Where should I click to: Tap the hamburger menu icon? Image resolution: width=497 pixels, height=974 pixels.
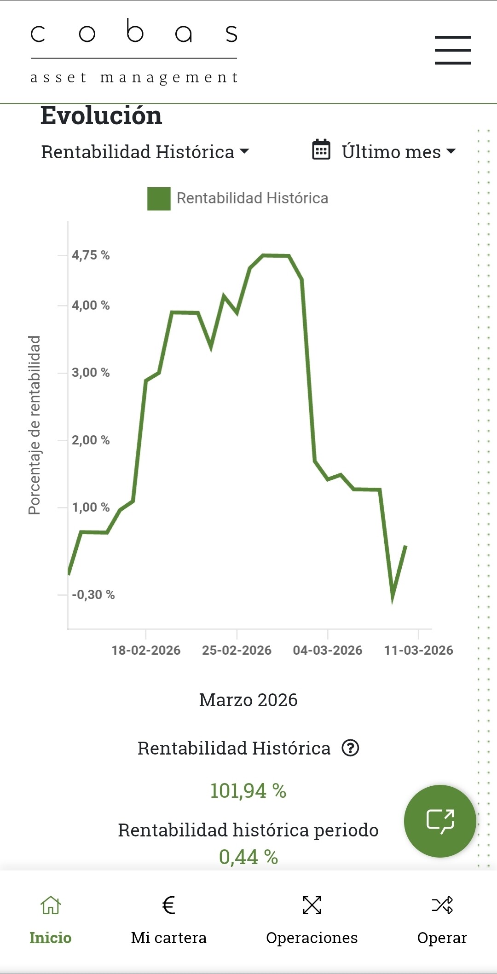click(x=453, y=50)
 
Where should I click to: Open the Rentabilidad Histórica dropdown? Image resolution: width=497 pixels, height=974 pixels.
click(x=145, y=152)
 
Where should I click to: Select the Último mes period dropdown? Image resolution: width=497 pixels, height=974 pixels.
click(x=399, y=152)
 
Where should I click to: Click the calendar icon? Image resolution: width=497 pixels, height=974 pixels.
click(x=321, y=150)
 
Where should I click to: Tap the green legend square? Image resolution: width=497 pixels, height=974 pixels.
click(x=159, y=199)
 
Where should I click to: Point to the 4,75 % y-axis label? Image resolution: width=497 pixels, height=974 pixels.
click(x=91, y=255)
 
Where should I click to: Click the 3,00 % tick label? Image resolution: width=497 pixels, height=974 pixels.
click(x=91, y=373)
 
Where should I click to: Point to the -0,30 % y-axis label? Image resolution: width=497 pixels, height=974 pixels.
click(x=93, y=595)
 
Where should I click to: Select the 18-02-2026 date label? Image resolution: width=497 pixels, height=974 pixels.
click(x=146, y=650)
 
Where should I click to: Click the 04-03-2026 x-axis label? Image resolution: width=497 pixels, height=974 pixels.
click(x=328, y=650)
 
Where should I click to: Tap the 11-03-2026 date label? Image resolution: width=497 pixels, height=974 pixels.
click(x=418, y=650)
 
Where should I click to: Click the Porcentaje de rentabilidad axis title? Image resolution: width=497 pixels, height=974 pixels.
click(x=35, y=425)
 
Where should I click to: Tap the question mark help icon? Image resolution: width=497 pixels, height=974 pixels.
click(x=350, y=748)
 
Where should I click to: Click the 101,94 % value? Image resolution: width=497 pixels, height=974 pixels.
click(x=248, y=791)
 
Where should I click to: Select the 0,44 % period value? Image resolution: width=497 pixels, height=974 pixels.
click(x=248, y=857)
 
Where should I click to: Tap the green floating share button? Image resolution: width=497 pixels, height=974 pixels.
click(x=440, y=821)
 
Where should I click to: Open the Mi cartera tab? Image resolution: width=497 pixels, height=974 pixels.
click(x=168, y=920)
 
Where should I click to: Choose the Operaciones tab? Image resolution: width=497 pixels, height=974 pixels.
click(x=312, y=920)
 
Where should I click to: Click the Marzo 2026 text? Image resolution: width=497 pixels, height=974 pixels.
click(x=248, y=700)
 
